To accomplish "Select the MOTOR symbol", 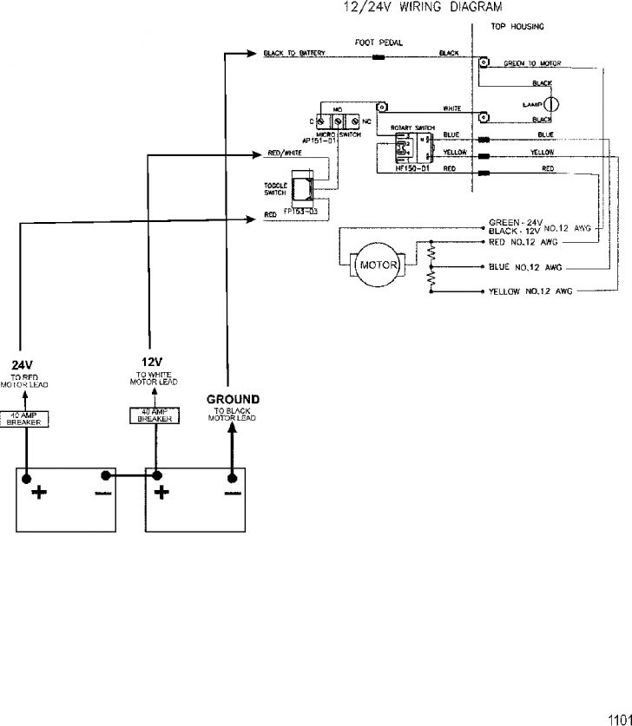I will click(378, 265).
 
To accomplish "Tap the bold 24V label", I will click(22, 364).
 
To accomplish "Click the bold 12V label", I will click(153, 362).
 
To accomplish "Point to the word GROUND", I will click(233, 399).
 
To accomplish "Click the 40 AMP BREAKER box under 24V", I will click(24, 418).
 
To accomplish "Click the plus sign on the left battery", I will click(39, 494).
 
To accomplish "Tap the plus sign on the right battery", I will click(161, 494).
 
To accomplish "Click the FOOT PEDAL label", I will click(379, 41).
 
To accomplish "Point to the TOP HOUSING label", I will click(517, 27).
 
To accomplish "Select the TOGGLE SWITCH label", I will click(275, 188).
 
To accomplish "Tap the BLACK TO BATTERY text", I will click(294, 54).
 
